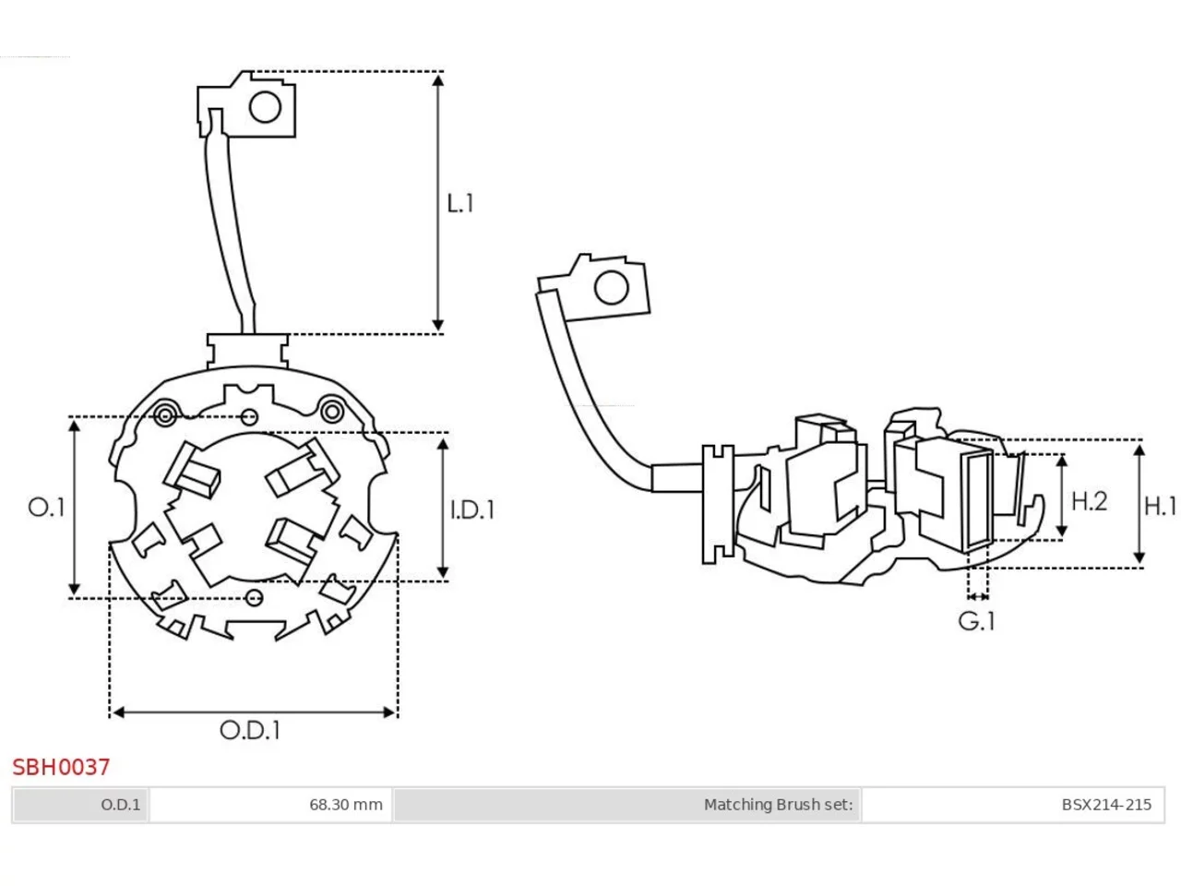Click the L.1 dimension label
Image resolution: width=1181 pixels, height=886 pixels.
point(460,204)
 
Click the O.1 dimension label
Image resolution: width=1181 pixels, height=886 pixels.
point(46,508)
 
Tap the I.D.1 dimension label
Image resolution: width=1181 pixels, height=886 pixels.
point(471,509)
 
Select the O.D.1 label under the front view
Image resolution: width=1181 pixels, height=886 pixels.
point(250,730)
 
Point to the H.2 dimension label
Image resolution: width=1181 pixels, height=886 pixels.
point(1089,501)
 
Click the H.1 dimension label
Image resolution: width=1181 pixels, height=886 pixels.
point(1160,506)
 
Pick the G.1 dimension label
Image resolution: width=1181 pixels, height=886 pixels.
point(976,621)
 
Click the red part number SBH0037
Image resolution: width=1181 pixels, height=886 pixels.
point(61,767)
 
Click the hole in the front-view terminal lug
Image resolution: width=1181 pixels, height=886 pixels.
point(265,107)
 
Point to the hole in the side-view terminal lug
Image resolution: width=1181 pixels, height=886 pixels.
point(611,287)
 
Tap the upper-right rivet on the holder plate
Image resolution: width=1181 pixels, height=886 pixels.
point(332,413)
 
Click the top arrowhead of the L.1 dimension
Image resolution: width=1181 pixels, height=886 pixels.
point(438,80)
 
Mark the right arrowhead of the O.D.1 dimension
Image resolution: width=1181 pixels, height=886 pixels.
point(389,712)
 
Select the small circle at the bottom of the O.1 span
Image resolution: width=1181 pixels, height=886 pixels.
point(254,598)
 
